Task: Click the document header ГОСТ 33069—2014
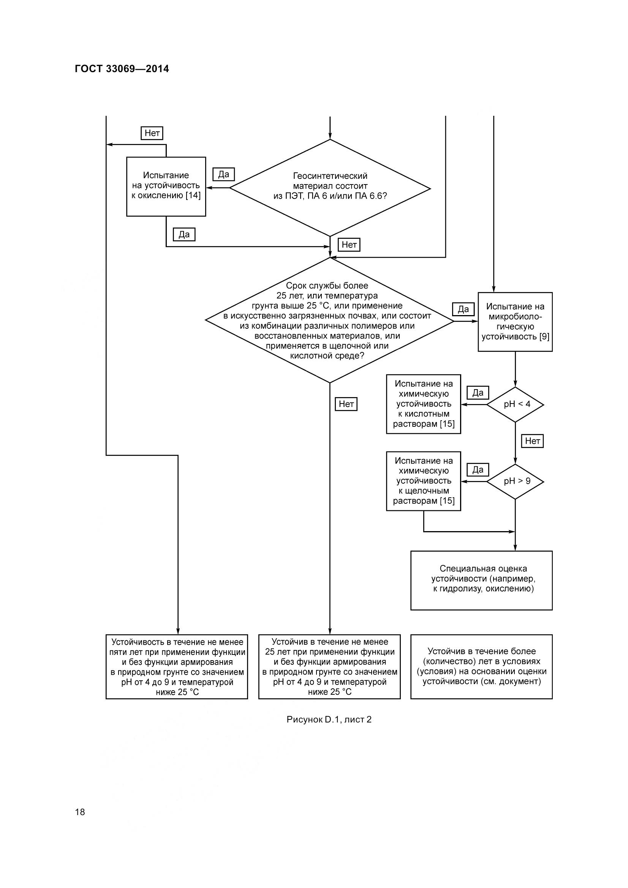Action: tap(122, 69)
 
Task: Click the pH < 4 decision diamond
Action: tap(515, 405)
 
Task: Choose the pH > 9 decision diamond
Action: tap(515, 481)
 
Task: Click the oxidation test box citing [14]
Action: tap(166, 186)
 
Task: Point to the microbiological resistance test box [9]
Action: tap(515, 322)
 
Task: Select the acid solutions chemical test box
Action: tap(423, 404)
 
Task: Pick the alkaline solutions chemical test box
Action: tap(423, 481)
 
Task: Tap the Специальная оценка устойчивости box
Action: tap(481, 580)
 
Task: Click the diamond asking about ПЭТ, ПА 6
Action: tap(330, 188)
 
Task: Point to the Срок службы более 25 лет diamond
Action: tap(330, 320)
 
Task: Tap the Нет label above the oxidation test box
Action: tap(152, 133)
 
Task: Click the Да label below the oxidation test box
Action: tap(184, 234)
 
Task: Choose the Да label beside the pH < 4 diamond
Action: tap(478, 393)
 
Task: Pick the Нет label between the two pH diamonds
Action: tap(532, 441)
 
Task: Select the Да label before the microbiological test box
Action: tap(463, 309)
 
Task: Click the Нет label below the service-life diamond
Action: tap(346, 404)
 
